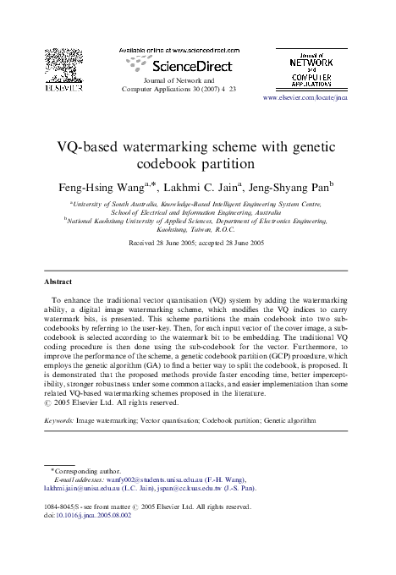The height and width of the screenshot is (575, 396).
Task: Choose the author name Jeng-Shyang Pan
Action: tap(288, 184)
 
